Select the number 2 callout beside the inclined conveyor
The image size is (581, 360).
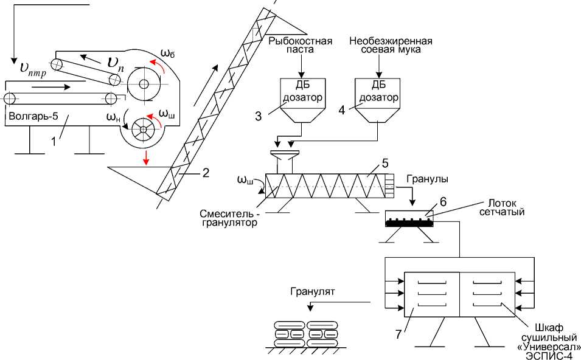205,172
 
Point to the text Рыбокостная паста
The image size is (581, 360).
301,46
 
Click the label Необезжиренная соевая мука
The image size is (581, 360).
391,46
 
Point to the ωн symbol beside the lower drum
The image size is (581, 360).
113,117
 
